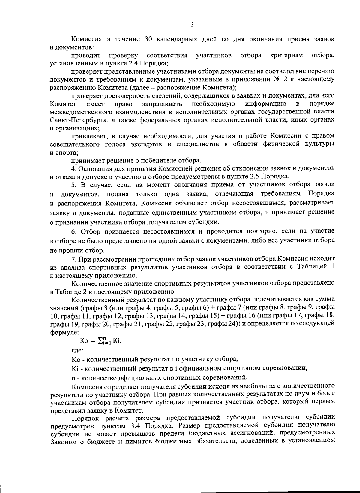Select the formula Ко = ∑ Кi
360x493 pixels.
click(x=101, y=341)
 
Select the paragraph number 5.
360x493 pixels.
click(x=73, y=184)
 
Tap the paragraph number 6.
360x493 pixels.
click(x=73, y=231)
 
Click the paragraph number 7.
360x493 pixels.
click(x=73, y=259)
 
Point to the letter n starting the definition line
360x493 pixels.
click(x=73, y=377)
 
